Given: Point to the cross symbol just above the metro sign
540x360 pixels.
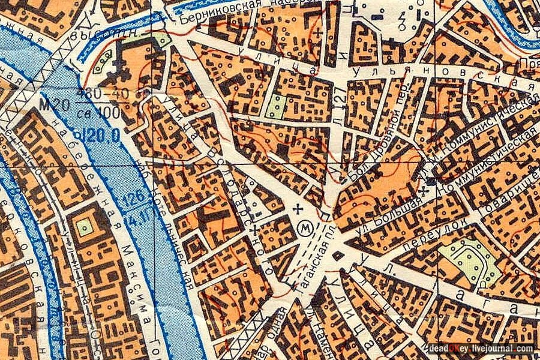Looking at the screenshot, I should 298,209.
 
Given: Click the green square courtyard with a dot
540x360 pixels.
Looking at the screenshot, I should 85,226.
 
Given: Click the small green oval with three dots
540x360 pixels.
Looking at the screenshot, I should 103,58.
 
